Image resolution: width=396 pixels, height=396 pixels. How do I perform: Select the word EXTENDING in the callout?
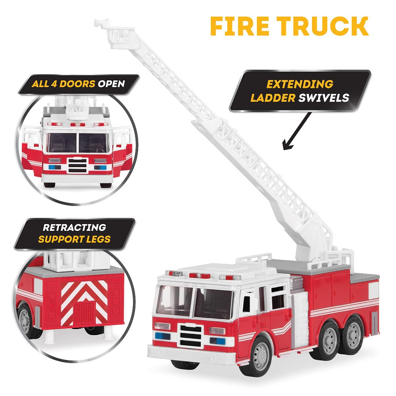point(299,84)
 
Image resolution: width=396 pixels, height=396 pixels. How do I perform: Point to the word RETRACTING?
point(74,227)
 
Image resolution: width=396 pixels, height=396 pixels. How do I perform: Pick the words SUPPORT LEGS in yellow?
point(74,239)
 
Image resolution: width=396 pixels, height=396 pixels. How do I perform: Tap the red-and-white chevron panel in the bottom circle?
point(84,301)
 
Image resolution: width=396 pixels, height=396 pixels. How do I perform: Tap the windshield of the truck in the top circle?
point(78,143)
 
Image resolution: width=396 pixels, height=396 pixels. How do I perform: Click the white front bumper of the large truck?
point(186,353)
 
